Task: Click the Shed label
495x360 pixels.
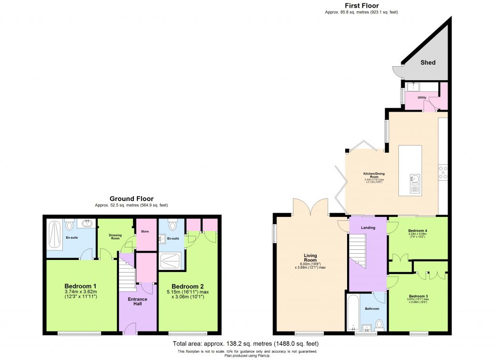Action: coord(428,62)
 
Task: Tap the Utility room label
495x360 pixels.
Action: coord(422,98)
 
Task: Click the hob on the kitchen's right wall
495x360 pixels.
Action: coord(443,173)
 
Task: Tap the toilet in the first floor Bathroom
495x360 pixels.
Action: coord(379,323)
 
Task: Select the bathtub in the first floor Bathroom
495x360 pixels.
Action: coord(353,312)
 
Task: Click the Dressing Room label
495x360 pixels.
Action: coord(116,237)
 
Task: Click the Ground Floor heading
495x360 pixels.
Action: coord(131,199)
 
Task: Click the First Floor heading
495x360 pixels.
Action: coord(362,5)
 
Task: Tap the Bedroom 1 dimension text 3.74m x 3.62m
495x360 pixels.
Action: coord(81,291)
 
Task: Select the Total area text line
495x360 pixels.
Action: coord(246,344)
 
